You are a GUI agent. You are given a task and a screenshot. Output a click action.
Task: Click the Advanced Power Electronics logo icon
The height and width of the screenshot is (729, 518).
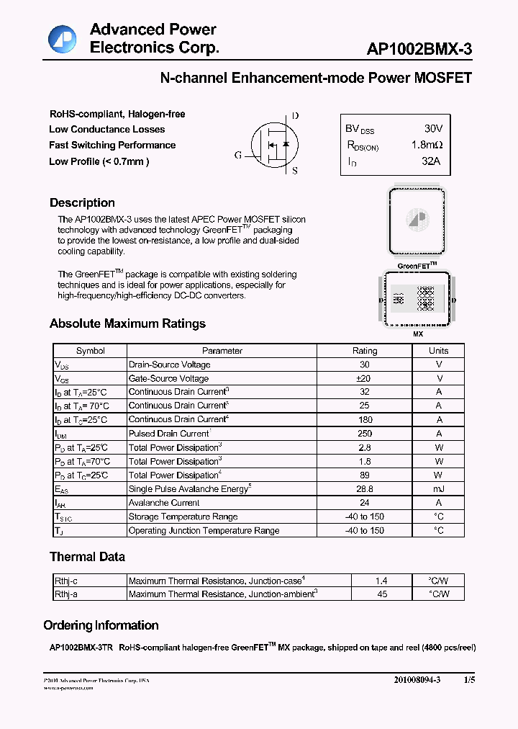pos(63,39)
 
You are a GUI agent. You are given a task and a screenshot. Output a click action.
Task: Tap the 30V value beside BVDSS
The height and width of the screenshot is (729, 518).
pos(433,128)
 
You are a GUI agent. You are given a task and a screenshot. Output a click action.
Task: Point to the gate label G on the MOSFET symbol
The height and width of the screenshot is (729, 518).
pos(238,155)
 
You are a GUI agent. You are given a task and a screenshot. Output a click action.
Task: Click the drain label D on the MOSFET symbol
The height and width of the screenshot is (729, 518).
pos(295,116)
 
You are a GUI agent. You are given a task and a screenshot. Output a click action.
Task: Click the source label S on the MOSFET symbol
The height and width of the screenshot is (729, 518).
pos(295,171)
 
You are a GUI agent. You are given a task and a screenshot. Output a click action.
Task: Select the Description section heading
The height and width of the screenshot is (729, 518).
pos(82,203)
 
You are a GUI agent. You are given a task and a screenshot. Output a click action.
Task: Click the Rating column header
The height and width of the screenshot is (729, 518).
pos(364,351)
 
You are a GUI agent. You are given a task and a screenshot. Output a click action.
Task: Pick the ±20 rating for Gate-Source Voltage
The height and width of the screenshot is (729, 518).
pos(364,378)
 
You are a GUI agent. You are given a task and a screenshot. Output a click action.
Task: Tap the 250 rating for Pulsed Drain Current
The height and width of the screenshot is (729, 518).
pos(364,434)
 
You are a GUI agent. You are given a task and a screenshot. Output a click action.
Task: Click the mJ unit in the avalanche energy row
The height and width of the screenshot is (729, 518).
pos(438,489)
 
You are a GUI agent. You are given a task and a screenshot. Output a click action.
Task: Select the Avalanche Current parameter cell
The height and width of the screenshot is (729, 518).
pos(164,503)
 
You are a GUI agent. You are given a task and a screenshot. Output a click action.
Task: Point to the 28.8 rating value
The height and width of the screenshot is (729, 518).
pos(364,489)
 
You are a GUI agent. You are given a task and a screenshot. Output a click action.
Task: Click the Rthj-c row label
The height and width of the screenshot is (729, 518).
pos(66,581)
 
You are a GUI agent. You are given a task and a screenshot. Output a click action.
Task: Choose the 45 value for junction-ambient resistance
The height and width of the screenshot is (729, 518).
pos(382,594)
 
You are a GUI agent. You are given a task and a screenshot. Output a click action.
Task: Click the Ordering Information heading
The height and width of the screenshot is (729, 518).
pos(101,625)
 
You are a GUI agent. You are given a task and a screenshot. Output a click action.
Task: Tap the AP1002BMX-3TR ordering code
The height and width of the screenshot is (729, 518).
pos(78,648)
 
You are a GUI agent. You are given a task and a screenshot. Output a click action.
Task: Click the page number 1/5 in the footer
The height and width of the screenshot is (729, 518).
pos(469,680)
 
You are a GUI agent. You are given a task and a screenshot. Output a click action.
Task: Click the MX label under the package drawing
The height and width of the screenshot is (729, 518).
pos(418,335)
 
